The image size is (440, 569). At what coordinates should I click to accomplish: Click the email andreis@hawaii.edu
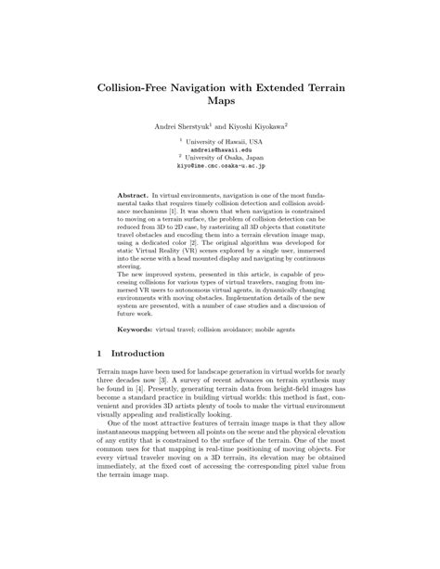220,149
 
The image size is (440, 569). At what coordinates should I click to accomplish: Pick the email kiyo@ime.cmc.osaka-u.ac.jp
220,166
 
